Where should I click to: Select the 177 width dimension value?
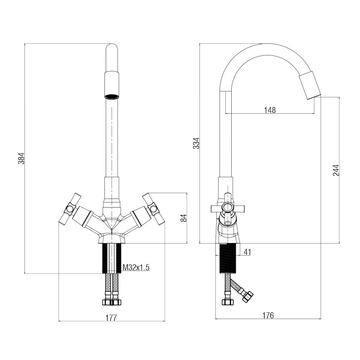pos(111,318)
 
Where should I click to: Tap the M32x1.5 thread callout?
pos(136,267)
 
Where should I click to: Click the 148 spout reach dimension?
pos(270,110)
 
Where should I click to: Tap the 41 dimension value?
pos(247,252)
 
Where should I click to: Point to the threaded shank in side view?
pos(227,259)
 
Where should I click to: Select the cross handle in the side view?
pos(228,208)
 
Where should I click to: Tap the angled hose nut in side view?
pos(247,297)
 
